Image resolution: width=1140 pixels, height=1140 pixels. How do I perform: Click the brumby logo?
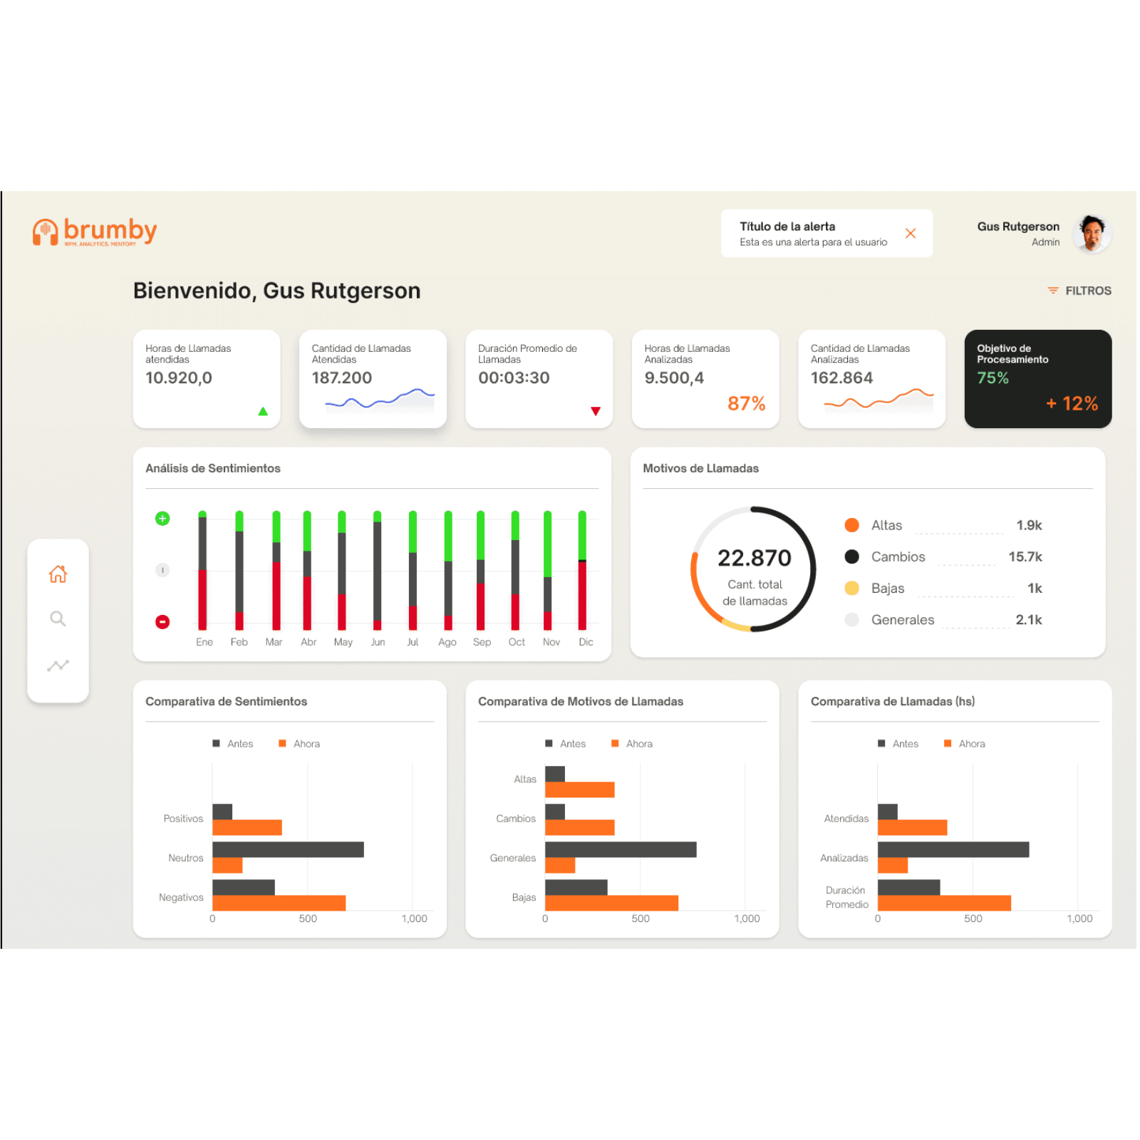pos(95,232)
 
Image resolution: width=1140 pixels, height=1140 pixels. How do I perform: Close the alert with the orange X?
pos(910,233)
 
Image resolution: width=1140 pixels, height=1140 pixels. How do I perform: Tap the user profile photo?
pos(1092,233)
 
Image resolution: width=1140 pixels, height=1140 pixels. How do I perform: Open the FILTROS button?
pos(1079,291)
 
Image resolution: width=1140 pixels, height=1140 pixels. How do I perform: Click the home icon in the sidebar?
pos(58,574)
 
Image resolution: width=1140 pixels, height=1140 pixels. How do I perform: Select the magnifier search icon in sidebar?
pos(58,618)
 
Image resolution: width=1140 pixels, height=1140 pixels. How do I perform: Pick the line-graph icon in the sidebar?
pos(58,665)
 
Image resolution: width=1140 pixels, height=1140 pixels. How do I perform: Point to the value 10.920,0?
pos(179,378)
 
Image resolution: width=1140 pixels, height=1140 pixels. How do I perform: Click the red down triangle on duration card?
pos(596,411)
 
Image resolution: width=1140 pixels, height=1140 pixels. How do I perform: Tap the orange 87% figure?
pos(746,404)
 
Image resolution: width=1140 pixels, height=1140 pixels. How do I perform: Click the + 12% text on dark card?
pos(1072,404)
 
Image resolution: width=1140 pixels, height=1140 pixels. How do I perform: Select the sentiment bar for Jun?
pos(377,570)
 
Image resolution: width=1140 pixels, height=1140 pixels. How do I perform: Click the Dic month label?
pos(586,642)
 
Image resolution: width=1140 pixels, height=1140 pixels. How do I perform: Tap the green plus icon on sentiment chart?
pos(162,518)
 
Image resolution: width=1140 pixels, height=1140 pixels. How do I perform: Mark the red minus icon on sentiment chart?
pos(162,622)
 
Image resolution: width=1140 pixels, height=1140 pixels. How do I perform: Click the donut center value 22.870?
pos(754,558)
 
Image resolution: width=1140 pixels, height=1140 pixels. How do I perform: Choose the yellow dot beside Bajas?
pos(851,588)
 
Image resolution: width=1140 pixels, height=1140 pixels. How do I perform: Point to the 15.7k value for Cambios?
pos(1025,556)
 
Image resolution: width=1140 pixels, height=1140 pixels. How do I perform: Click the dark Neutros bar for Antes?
pos(288,849)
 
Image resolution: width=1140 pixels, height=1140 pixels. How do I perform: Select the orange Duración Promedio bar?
pos(944,903)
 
